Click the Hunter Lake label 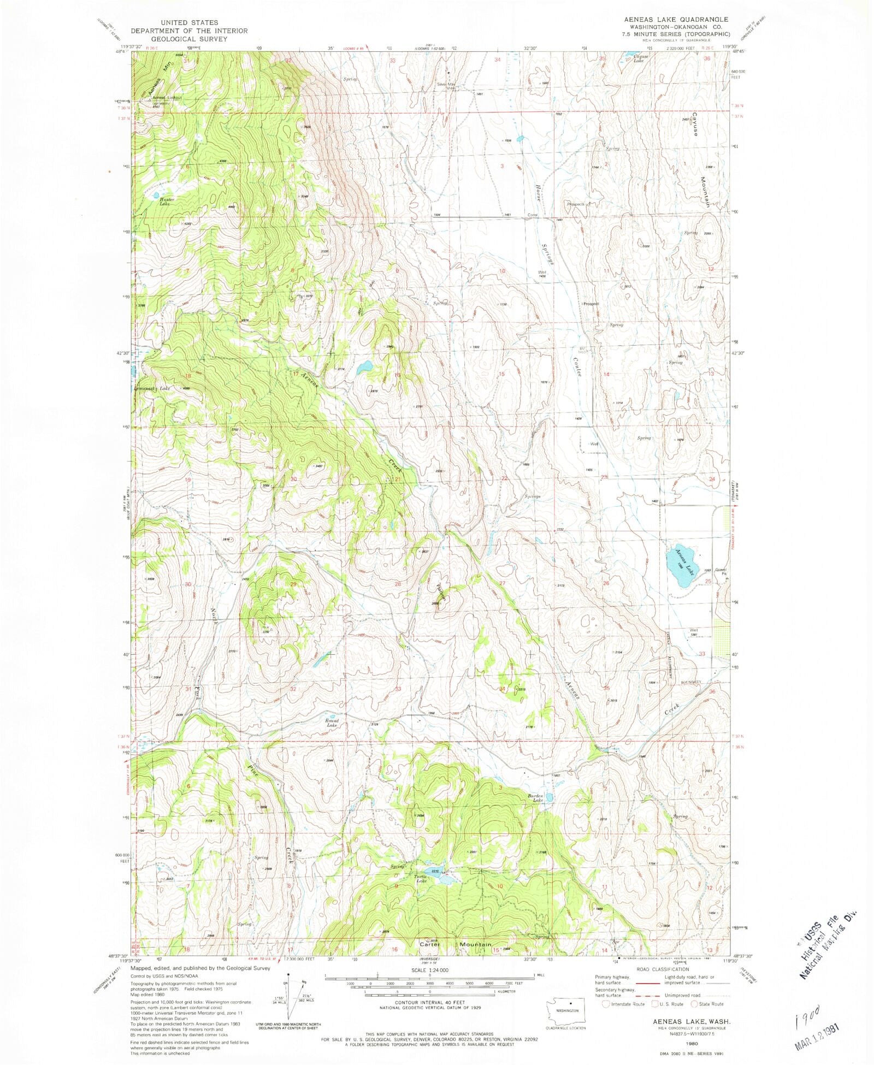166,202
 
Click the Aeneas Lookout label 167,98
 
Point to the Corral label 532,215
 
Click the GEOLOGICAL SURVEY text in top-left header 189,39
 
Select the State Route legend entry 707,1004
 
